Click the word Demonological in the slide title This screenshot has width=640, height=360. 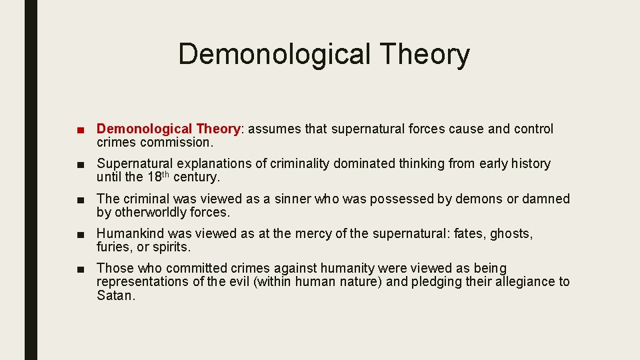click(x=273, y=55)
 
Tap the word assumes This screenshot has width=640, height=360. click(x=274, y=129)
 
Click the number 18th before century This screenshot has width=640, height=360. click(x=158, y=177)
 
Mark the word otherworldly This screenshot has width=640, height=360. click(x=153, y=213)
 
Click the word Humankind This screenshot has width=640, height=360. click(x=130, y=234)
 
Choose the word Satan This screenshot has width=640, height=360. click(x=115, y=295)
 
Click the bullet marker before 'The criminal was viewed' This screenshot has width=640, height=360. click(x=80, y=199)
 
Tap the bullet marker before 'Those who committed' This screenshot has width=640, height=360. click(x=80, y=269)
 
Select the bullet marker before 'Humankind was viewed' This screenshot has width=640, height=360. click(x=80, y=234)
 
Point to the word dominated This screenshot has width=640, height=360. click(x=365, y=164)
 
